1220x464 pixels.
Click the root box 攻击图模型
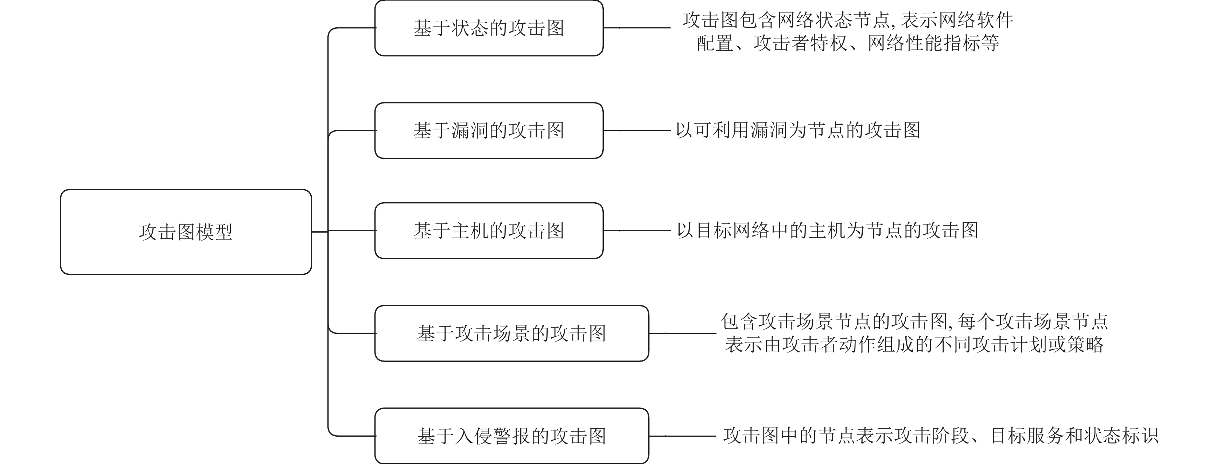pyautogui.click(x=186, y=232)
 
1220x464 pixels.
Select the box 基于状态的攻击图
pyautogui.click(x=489, y=28)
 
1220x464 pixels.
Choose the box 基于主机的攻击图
pyautogui.click(x=489, y=231)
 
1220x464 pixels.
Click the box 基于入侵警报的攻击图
pyautogui.click(x=512, y=436)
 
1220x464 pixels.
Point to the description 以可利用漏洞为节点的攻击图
pyautogui.click(x=797, y=130)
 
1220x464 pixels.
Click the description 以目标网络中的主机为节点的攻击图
pyautogui.click(x=827, y=231)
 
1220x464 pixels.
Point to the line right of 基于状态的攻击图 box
pyautogui.click(x=637, y=28)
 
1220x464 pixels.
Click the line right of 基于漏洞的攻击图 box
pyautogui.click(x=637, y=130)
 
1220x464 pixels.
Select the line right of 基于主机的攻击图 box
pyautogui.click(x=637, y=231)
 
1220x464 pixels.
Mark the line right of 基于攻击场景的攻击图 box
pyautogui.click(x=682, y=333)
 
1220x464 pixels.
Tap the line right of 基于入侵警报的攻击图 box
pyautogui.click(x=682, y=436)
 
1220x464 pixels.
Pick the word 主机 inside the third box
pyautogui.click(x=470, y=231)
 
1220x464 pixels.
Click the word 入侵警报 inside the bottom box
pyautogui.click(x=493, y=436)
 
